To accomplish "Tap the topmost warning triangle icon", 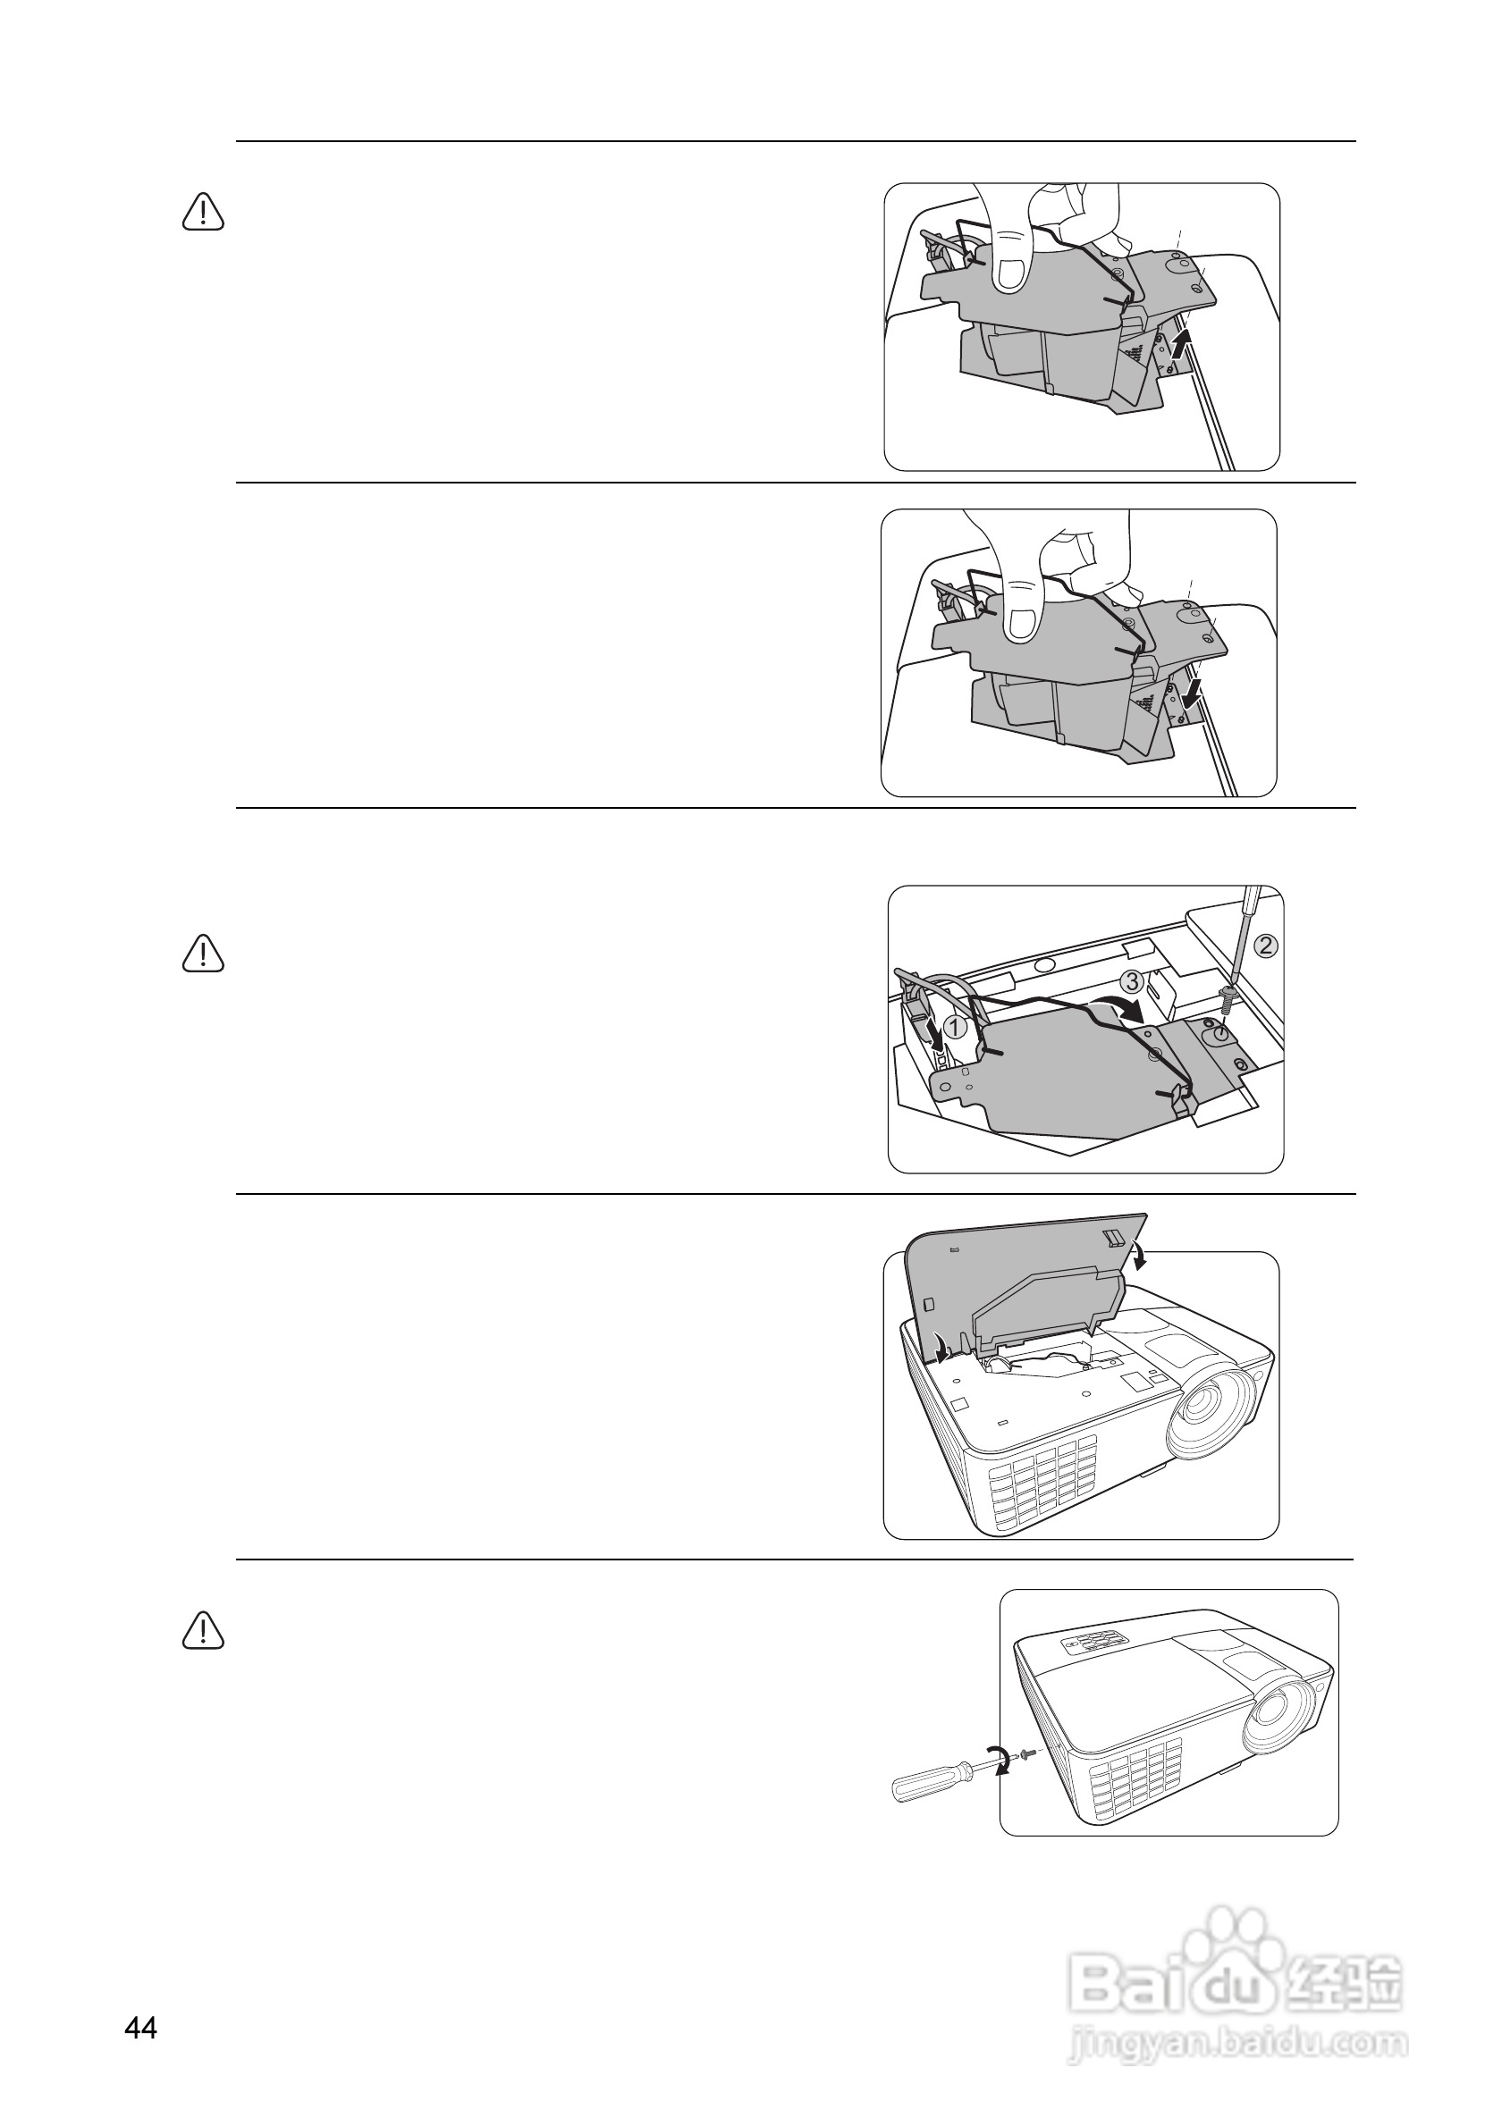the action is pyautogui.click(x=203, y=212).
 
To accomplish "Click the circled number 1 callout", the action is pyautogui.click(x=958, y=1027).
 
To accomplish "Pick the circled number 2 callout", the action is pyautogui.click(x=1266, y=946).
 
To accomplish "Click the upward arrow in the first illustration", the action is pyautogui.click(x=1178, y=349).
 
